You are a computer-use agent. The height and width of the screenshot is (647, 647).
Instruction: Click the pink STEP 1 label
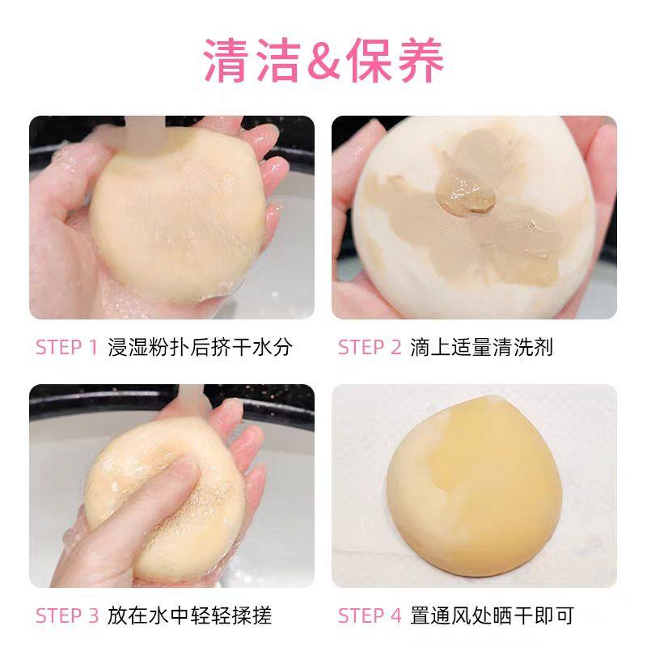[67, 347]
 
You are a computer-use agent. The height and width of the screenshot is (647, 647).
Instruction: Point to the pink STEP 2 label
[370, 347]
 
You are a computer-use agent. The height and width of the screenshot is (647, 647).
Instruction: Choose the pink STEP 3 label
[67, 615]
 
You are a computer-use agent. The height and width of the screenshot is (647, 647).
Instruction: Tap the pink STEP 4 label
[370, 615]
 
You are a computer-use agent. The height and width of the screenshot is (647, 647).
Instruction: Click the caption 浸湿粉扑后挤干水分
[200, 347]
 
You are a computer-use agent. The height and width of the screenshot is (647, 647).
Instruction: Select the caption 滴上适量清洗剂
[482, 347]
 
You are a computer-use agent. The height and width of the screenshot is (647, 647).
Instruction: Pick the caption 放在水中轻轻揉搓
[190, 615]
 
